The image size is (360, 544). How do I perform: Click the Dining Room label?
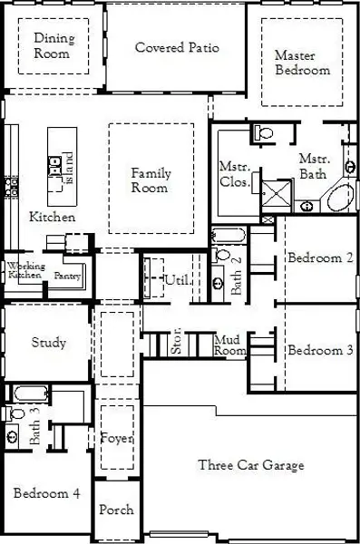click(54, 45)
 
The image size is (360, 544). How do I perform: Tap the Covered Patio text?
click(177, 47)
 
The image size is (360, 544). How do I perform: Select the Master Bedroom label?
click(302, 63)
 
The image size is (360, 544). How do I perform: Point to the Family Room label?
click(150, 180)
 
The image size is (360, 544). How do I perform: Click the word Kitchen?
click(53, 218)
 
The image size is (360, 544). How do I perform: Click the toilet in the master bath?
click(264, 134)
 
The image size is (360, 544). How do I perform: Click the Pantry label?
click(67, 275)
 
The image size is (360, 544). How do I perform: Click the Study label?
click(48, 343)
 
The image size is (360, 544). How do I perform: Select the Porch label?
click(116, 510)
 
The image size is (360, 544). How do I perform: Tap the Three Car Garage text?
click(251, 465)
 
